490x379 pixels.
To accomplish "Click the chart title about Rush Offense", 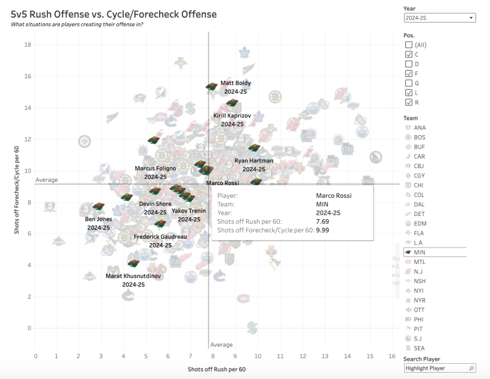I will point(114,14).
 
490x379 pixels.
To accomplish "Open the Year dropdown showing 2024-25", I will point(439,18).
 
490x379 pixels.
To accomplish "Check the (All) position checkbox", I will point(409,45).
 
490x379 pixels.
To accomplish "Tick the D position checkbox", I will point(409,64).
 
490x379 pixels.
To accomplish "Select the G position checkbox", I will point(409,83).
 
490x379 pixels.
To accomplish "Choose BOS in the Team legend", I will point(420,137).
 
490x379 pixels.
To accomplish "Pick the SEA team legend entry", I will point(420,348).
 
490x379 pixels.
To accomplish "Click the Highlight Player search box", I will point(439,368).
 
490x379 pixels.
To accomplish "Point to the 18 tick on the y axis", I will point(28,44).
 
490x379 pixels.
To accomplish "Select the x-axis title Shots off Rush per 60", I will point(217,369).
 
